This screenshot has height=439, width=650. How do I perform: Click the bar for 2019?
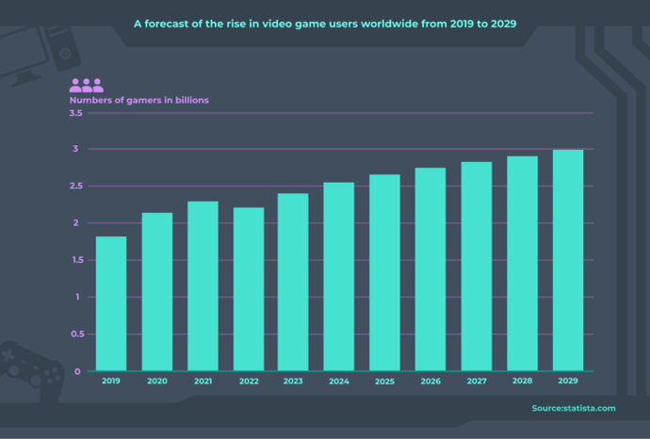111,303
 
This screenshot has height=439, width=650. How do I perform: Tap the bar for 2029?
568,260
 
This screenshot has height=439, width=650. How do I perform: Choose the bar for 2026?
431,269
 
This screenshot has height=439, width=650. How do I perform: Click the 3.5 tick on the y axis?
76,113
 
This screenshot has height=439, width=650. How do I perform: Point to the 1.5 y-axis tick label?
76,260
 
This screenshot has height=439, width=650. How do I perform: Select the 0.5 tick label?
76,333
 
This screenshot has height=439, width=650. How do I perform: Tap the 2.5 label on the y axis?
76,187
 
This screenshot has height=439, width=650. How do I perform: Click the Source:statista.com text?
573,408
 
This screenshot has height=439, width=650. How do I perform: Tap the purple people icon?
86,84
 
